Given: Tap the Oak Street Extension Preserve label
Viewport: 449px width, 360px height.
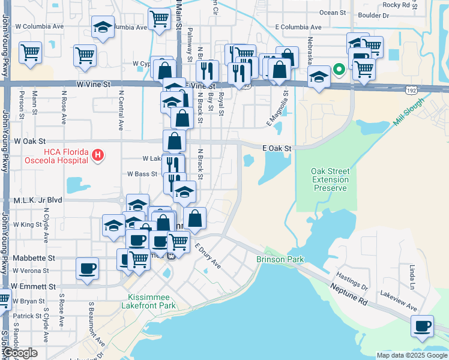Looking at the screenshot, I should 330,179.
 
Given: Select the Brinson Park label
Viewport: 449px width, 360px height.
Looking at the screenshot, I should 280,259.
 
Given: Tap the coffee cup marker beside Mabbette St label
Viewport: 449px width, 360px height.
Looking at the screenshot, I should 88,267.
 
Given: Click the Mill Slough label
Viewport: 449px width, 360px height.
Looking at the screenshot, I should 408,112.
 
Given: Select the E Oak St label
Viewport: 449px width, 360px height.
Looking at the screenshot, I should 277,148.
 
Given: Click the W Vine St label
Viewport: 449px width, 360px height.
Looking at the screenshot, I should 94,85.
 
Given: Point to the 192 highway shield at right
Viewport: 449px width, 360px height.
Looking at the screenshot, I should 411,90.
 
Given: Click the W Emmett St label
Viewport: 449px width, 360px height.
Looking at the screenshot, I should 33,287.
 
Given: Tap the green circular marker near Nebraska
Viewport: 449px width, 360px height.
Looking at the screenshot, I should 339,69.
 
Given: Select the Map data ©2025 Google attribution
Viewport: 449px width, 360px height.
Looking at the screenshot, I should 411,355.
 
